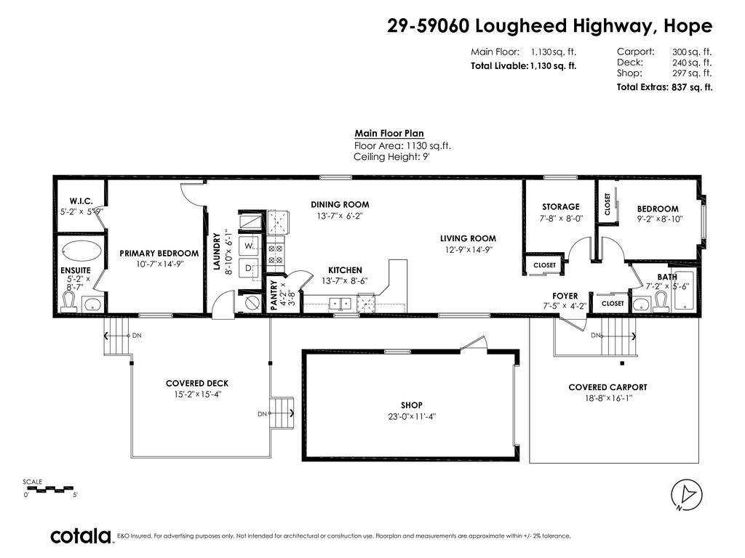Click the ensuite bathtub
click(x=81, y=251)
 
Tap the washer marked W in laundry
click(x=248, y=246)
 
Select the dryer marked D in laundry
click(x=248, y=268)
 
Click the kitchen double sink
click(x=340, y=303)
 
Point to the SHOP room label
click(x=411, y=405)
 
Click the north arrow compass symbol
click(x=686, y=496)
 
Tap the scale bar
click(x=49, y=488)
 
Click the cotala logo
click(x=80, y=536)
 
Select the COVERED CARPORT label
click(x=607, y=387)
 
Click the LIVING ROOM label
click(x=468, y=238)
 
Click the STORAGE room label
click(x=560, y=207)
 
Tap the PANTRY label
click(x=274, y=296)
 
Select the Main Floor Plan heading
click(x=389, y=134)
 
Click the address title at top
click(x=549, y=26)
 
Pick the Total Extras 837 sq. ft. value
click(x=664, y=87)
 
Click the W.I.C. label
click(x=81, y=201)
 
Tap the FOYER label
click(x=565, y=296)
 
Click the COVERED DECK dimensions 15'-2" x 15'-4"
click(x=196, y=395)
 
